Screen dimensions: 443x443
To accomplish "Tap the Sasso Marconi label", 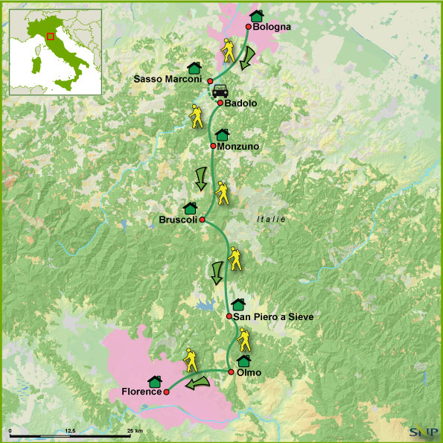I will coord(168,79).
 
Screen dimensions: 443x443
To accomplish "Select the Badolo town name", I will coord(240,103).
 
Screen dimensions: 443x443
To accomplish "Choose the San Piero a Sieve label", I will coord(273,316).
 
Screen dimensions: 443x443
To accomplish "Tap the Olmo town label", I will coord(249,372).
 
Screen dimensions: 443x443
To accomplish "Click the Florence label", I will coord(141,392).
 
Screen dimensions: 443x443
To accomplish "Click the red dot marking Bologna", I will coord(249,26).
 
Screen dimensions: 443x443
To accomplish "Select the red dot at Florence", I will coord(167,392).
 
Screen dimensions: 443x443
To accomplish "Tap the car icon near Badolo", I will coord(219,92).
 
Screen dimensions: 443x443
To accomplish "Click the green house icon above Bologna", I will coord(257,14).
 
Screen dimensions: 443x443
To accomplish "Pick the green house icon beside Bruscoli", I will coord(189,207).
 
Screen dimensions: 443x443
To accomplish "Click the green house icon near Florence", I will coord(155,380).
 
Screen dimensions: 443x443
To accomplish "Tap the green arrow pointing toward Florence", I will coord(197,383).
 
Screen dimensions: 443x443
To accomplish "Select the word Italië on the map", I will coord(271,219).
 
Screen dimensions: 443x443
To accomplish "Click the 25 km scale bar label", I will coord(135,431).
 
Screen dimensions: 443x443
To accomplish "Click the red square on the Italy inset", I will coord(50,36).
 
